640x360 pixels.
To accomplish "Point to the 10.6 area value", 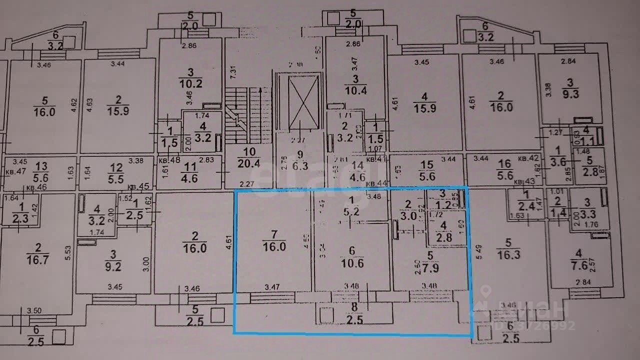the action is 351,262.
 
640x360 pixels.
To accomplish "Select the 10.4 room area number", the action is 356,90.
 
